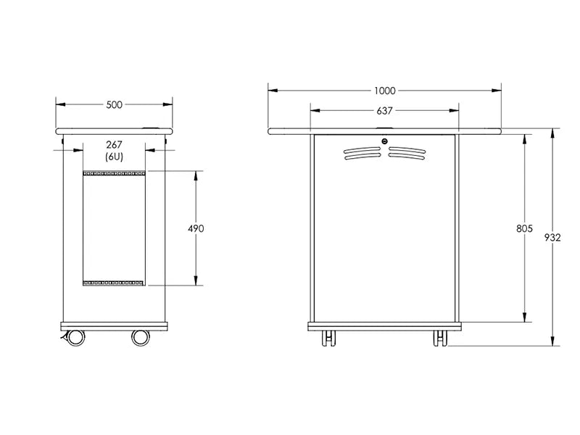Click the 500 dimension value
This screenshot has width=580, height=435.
(x=114, y=105)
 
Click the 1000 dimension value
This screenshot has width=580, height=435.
(x=384, y=91)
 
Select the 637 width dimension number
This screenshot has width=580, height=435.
(x=384, y=111)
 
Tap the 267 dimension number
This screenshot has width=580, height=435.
(x=114, y=145)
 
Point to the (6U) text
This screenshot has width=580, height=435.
(x=114, y=157)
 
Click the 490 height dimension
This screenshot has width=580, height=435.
(x=196, y=228)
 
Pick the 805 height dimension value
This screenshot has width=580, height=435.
(x=524, y=228)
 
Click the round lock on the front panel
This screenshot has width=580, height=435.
(x=385, y=141)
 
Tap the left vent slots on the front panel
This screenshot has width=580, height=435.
(x=362, y=153)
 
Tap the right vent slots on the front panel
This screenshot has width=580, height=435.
(x=407, y=153)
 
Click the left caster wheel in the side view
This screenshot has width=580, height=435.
(x=73, y=337)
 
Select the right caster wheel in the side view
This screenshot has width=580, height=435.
(x=141, y=337)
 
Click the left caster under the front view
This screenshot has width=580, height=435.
(x=329, y=339)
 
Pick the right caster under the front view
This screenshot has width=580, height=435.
(x=440, y=339)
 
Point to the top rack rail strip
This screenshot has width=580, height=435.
(x=114, y=173)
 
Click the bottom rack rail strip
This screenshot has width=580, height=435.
(x=114, y=282)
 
